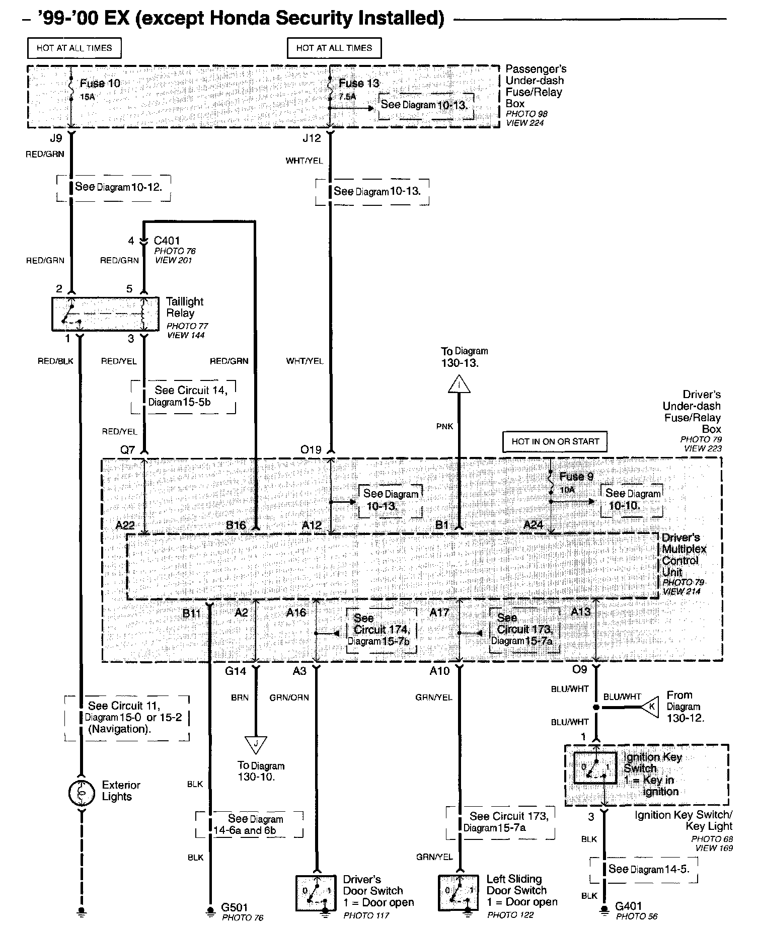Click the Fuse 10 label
[x=100, y=83]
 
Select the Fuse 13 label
[x=359, y=83]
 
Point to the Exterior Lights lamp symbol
[x=81, y=793]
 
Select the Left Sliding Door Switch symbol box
[x=459, y=893]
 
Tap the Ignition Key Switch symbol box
[x=595, y=768]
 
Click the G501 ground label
[x=235, y=907]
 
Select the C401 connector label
[x=167, y=241]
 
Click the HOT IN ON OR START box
[x=555, y=441]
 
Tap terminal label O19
[x=311, y=449]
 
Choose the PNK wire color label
[x=444, y=426]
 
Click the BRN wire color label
[x=240, y=698]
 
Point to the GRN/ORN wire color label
[x=289, y=698]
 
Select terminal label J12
[x=311, y=137]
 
